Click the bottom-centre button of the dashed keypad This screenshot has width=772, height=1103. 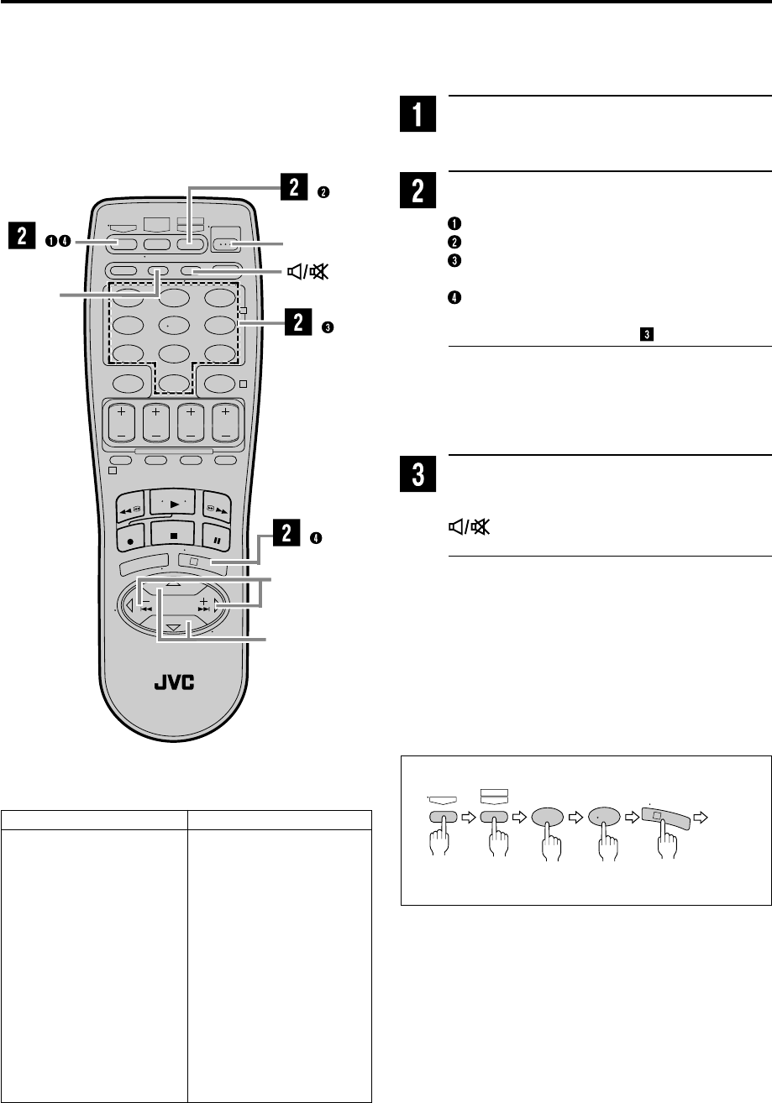click(172, 385)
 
